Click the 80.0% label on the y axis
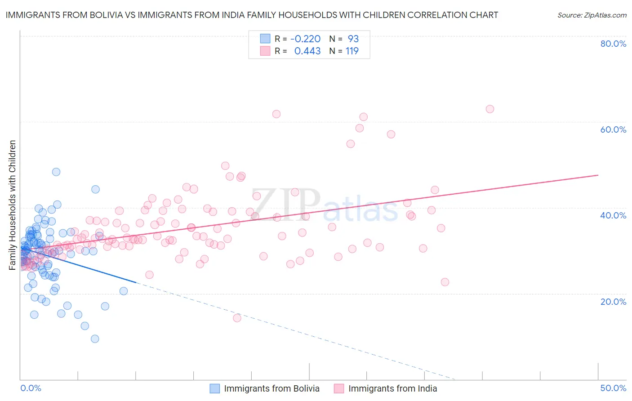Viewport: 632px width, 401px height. tap(613, 44)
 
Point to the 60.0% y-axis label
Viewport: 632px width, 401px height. tap(613, 129)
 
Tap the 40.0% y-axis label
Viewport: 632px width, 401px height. tap(613, 215)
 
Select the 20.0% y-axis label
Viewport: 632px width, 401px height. tap(613, 302)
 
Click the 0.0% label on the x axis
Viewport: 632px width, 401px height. tap(31, 388)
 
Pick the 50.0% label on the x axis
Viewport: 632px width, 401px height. tap(613, 388)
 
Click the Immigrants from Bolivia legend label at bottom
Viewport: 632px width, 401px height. tap(271, 389)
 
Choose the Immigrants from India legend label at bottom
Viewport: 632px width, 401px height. tap(392, 389)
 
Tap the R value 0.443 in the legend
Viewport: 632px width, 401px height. tap(307, 51)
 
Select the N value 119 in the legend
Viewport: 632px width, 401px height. tap(352, 51)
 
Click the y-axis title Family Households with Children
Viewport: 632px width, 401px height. tap(12, 205)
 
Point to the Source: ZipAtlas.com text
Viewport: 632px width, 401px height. tap(592, 15)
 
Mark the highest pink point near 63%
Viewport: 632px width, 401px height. tap(490, 109)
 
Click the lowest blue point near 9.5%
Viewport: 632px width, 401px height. tap(95, 339)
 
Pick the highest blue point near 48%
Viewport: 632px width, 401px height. tap(56, 172)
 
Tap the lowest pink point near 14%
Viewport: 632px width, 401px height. tap(237, 318)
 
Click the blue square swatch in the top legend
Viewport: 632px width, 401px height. tap(265, 39)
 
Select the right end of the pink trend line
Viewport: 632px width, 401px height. tap(598, 175)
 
